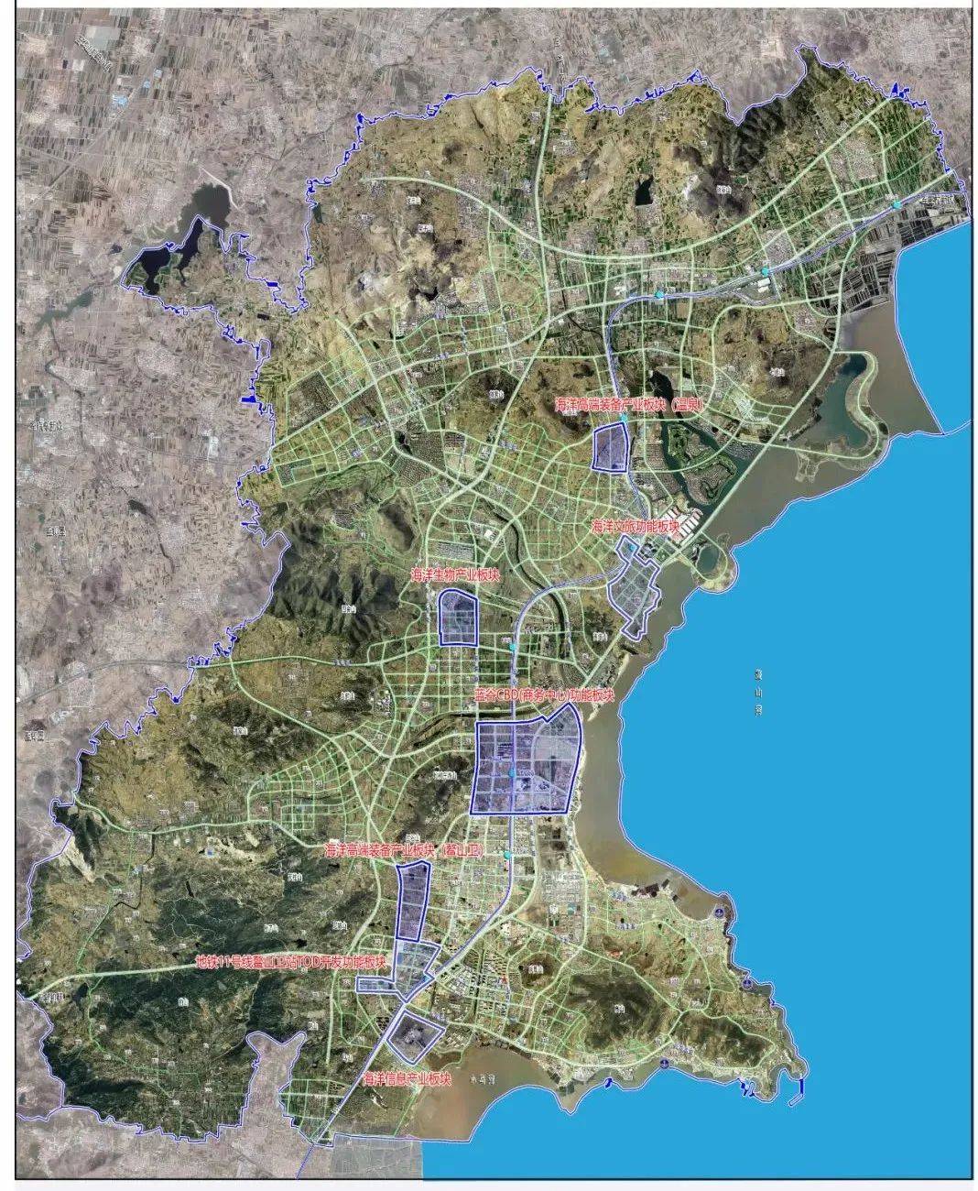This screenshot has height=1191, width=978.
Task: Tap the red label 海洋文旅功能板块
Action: pyautogui.click(x=636, y=527)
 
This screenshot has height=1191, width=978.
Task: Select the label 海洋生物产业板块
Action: pyautogui.click(x=455, y=575)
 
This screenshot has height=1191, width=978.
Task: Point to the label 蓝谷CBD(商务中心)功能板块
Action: pyautogui.click(x=542, y=695)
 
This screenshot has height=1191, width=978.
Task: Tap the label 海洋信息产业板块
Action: pyautogui.click(x=408, y=1078)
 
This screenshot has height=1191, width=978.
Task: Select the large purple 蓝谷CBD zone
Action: pyautogui.click(x=525, y=768)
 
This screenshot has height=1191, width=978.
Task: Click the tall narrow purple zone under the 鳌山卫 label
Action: pyautogui.click(x=414, y=900)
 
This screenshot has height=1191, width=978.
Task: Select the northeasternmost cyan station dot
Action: pyautogui.click(x=898, y=202)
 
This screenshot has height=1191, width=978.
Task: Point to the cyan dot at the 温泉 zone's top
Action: pyautogui.click(x=623, y=418)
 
